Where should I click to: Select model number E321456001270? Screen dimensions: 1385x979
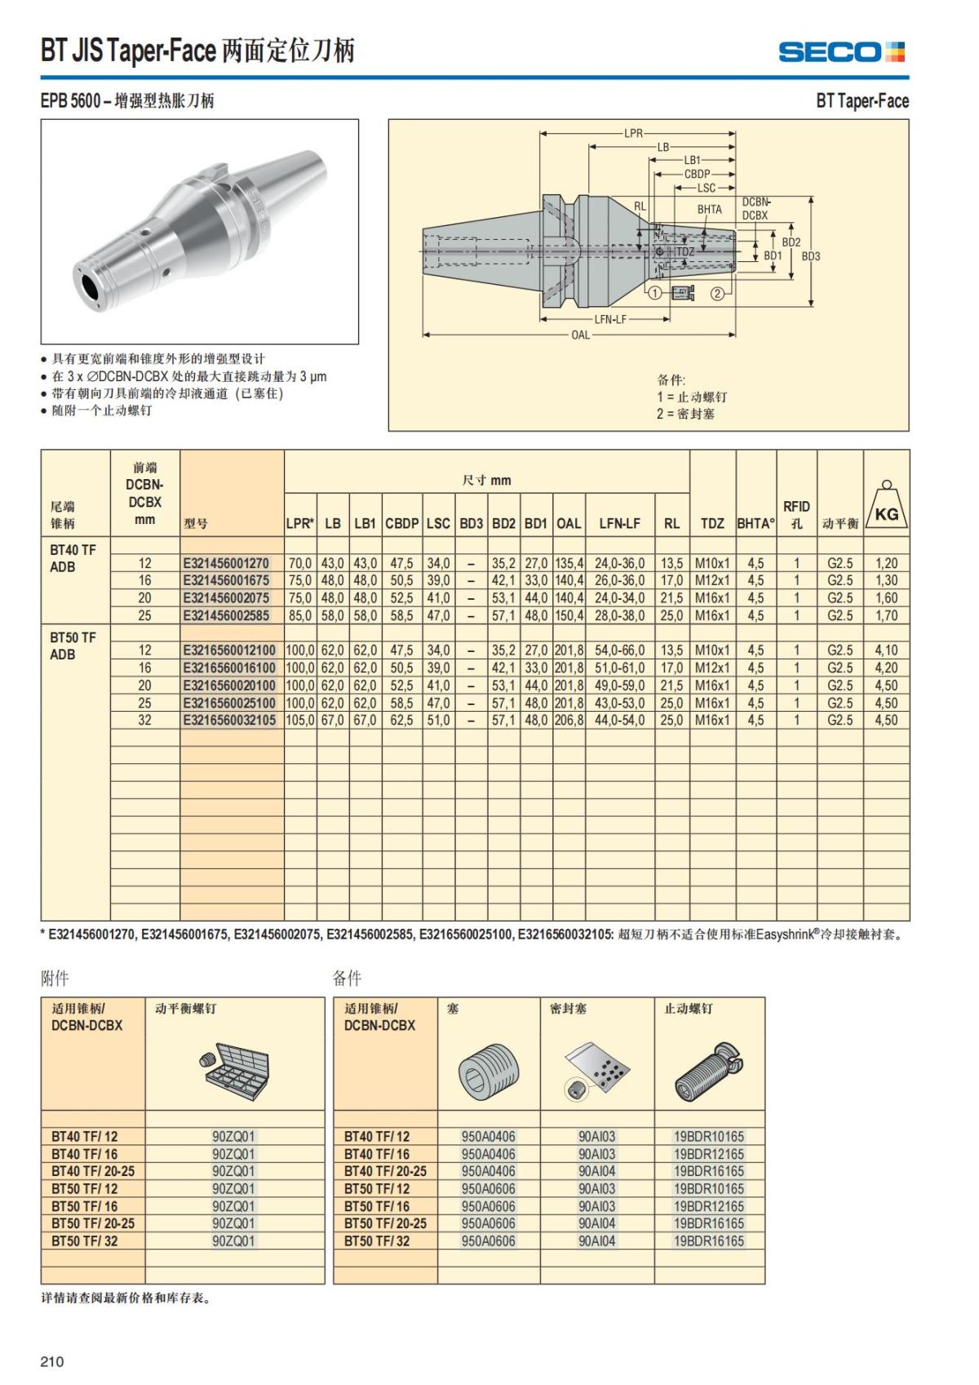(x=226, y=563)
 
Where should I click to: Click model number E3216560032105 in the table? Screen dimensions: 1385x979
(x=229, y=721)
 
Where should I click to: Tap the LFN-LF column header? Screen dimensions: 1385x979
(x=619, y=523)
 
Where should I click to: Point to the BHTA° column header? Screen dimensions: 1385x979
(x=755, y=523)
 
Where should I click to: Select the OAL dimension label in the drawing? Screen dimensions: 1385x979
(x=580, y=335)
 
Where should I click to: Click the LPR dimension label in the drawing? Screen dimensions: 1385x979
(x=634, y=133)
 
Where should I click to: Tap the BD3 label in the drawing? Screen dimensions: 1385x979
(x=810, y=256)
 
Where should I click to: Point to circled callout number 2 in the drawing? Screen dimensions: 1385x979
(x=717, y=293)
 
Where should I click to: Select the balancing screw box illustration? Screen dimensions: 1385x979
(x=233, y=1068)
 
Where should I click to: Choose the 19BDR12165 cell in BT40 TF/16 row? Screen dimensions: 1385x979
(x=708, y=1154)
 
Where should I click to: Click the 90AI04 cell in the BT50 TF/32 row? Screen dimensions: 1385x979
(x=596, y=1241)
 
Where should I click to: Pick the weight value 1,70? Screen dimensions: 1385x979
(x=886, y=616)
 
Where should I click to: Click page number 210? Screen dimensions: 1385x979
(x=51, y=1361)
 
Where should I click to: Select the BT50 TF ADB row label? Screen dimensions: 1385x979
(x=73, y=646)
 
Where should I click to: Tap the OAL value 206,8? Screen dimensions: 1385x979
(x=569, y=721)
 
